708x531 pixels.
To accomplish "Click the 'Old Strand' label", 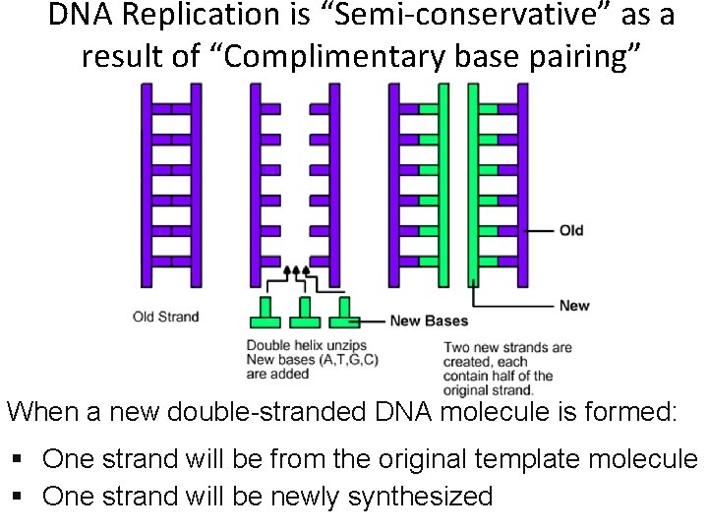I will (x=165, y=317).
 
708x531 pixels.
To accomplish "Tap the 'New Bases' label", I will (x=429, y=321).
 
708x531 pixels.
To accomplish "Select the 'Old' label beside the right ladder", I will (x=571, y=230).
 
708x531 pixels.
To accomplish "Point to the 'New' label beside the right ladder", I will (x=574, y=305).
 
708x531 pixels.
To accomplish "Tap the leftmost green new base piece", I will (x=265, y=313).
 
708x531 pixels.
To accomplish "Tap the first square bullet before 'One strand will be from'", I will (x=19, y=460).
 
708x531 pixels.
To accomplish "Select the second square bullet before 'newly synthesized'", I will (x=19, y=497).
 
